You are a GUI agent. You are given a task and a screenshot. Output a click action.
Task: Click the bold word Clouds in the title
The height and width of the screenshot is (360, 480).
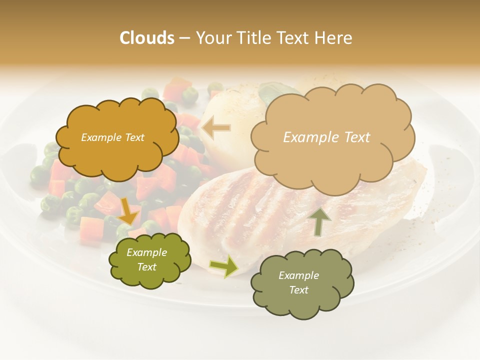(x=147, y=38)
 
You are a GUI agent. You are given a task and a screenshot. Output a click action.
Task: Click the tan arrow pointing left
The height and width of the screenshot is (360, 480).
(x=216, y=128)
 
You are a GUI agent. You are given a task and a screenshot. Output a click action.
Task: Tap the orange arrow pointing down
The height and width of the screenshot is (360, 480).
(x=128, y=211)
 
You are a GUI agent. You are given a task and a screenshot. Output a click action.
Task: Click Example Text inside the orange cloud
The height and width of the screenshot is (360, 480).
(x=112, y=137)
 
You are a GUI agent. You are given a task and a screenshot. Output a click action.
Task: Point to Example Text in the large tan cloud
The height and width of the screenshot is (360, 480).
(x=326, y=137)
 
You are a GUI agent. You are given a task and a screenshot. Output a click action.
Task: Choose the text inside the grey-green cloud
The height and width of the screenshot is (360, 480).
(x=298, y=282)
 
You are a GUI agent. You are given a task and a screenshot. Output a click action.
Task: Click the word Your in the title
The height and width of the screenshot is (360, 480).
(x=208, y=38)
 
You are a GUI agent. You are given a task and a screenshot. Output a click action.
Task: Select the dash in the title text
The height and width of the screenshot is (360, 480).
(x=184, y=38)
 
